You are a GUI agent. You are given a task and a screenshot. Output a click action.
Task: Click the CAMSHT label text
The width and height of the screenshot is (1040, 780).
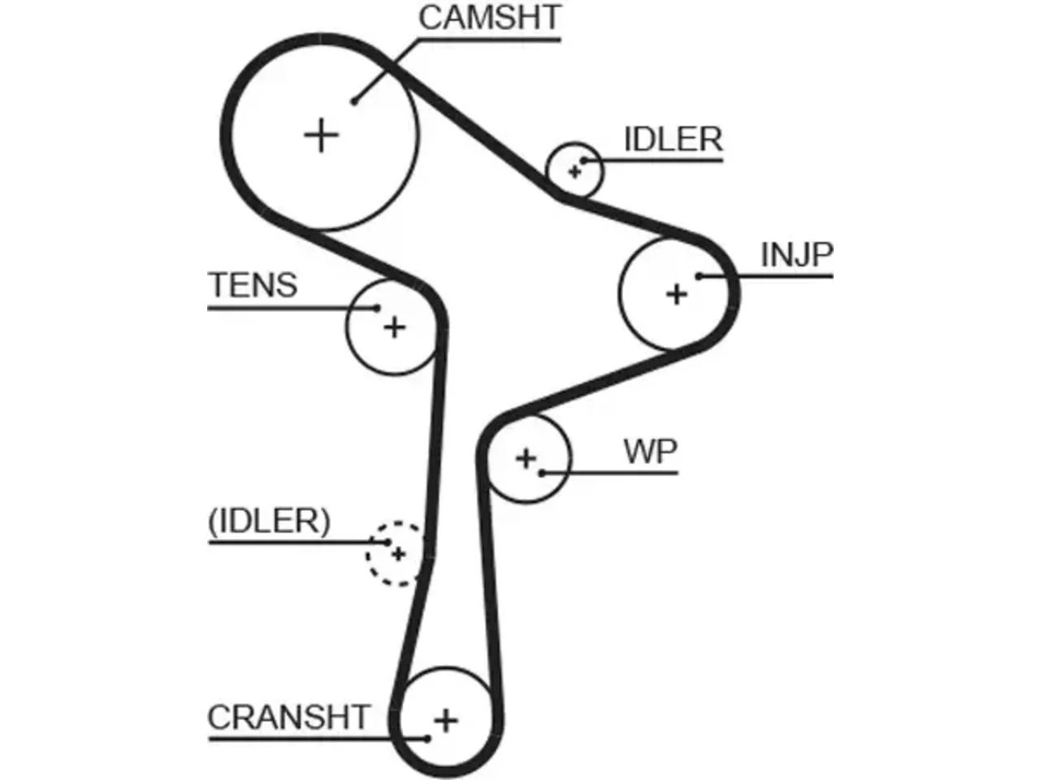click(489, 18)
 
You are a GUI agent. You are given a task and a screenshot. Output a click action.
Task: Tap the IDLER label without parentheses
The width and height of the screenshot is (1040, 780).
click(674, 139)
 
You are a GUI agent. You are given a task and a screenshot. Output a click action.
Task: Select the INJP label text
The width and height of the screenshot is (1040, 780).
click(796, 255)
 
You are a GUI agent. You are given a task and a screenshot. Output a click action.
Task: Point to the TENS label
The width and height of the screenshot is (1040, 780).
click(253, 285)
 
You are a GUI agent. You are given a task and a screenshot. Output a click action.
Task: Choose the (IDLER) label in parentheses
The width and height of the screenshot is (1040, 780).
click(269, 522)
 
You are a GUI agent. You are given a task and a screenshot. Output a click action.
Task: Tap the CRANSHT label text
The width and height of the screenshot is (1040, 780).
click(288, 717)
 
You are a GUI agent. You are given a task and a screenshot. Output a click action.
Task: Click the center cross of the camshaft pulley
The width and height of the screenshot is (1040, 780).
click(321, 136)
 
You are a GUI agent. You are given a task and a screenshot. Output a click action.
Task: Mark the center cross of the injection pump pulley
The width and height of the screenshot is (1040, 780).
click(677, 294)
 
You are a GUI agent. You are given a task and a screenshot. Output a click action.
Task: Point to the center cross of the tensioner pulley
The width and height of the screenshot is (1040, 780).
click(394, 327)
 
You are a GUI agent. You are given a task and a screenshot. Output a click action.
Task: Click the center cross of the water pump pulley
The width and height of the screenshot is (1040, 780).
click(526, 458)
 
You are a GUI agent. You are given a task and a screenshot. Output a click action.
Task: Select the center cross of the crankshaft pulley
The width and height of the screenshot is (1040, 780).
click(445, 721)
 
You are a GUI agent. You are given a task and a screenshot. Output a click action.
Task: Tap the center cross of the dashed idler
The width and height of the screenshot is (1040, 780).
click(398, 553)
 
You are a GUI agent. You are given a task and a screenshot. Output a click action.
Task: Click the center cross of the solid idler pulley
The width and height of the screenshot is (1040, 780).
click(574, 171)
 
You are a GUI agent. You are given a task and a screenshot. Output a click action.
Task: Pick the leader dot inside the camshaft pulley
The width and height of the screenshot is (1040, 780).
click(353, 101)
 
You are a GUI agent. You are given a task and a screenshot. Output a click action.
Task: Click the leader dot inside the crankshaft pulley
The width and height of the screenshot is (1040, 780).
click(427, 739)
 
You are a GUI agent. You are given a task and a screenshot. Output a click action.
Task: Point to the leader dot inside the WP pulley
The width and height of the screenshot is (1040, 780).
click(542, 473)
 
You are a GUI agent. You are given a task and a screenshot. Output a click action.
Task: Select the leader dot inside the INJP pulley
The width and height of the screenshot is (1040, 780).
click(700, 275)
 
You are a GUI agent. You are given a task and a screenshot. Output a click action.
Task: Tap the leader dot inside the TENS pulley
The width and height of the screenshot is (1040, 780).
click(377, 308)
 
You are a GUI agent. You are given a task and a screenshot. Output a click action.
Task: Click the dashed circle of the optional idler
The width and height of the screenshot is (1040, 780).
click(366, 554)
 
